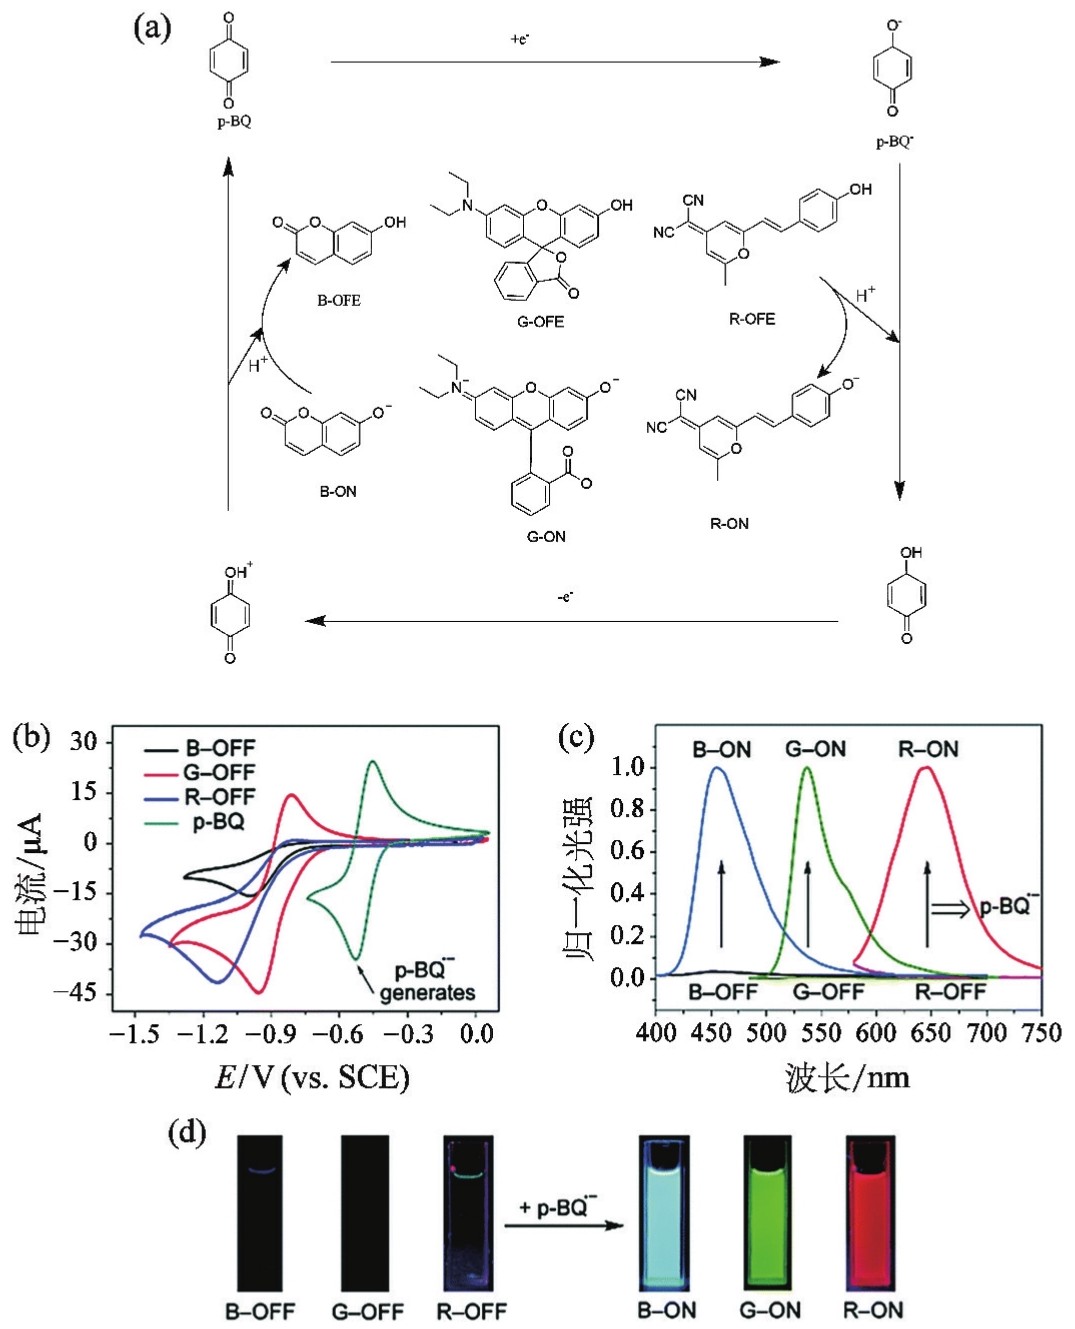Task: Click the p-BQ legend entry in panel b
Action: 218,822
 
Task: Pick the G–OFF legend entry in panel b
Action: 218,773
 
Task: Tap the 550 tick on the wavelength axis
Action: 821,1033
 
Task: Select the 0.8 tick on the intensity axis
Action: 627,809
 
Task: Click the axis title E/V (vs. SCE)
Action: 312,1077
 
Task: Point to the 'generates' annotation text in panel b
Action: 427,993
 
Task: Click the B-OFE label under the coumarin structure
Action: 339,300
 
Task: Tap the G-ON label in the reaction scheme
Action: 546,537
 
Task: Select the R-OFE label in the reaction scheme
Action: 752,319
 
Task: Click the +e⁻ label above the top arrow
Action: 520,39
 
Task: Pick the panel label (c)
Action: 575,737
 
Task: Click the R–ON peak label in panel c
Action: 928,749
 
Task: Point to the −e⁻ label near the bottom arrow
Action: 565,597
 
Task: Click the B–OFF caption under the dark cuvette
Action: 260,1311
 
